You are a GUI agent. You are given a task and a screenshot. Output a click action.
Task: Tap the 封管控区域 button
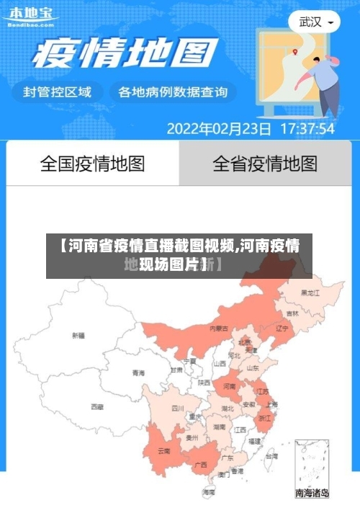point(58,92)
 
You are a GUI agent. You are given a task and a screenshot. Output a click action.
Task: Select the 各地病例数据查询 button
point(173,92)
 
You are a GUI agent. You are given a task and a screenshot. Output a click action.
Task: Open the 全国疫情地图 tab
point(92,164)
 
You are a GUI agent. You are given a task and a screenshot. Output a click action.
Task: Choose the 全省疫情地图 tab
point(265,164)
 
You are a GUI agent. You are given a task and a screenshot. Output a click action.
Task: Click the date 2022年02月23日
point(219,130)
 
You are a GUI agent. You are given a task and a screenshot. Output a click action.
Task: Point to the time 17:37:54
point(307,130)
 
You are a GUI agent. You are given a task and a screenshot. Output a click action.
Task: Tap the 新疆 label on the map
point(78,336)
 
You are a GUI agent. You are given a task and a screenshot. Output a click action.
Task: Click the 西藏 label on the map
point(97,407)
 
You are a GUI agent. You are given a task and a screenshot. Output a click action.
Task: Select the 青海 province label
point(138,373)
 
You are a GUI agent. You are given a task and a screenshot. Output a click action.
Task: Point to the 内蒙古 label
point(219,328)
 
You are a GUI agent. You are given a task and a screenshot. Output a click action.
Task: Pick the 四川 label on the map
point(178,409)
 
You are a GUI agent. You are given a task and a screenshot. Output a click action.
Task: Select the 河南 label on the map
point(230,387)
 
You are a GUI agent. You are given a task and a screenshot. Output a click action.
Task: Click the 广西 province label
point(201,465)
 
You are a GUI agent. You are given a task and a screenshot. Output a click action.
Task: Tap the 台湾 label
point(271,456)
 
